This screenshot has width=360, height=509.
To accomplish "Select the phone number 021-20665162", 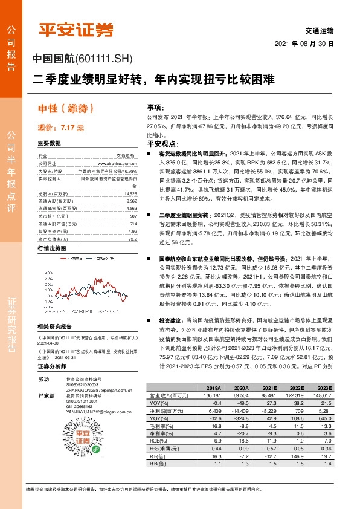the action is [79, 407].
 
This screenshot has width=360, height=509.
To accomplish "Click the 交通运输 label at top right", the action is [320, 30].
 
